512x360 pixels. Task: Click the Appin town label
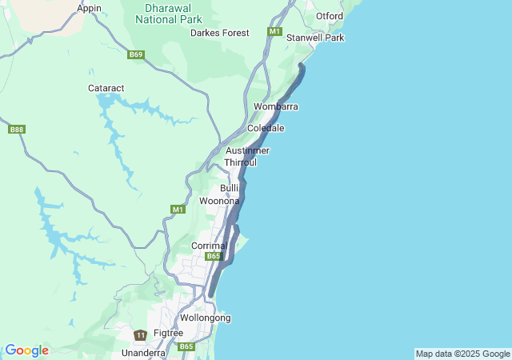point(90,8)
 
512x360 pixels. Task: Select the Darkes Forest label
point(219,33)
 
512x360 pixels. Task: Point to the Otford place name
point(330,16)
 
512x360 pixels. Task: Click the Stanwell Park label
point(315,38)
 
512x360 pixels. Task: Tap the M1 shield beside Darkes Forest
point(275,32)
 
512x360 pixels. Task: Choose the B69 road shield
point(136,54)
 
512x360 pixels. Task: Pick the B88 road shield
point(17,129)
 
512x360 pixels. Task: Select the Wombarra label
point(276,106)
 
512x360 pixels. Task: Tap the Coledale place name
point(266,128)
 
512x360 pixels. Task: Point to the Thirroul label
point(240,162)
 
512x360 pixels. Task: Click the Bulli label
point(230,187)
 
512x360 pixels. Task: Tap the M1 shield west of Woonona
point(178,209)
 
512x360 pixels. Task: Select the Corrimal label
point(210,246)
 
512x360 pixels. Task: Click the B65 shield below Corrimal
point(213,256)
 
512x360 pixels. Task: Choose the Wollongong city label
point(206,318)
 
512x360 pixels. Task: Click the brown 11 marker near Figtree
point(141,334)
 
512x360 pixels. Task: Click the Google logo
point(26,350)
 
